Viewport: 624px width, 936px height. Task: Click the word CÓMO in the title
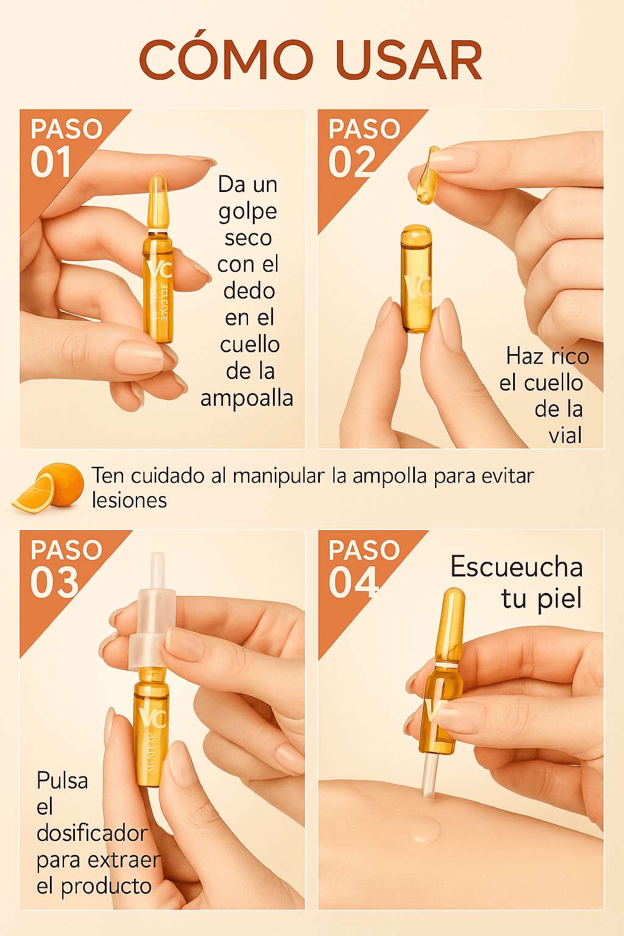click(225, 60)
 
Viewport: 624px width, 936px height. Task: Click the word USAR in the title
click(408, 60)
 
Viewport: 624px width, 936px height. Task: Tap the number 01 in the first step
click(51, 163)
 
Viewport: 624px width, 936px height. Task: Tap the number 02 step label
click(352, 163)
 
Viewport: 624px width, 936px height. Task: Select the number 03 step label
click(54, 583)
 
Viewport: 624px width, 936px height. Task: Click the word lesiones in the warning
click(129, 500)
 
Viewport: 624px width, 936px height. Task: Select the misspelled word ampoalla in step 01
click(247, 398)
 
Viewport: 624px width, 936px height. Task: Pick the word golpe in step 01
click(247, 211)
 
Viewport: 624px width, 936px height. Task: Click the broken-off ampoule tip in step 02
click(428, 175)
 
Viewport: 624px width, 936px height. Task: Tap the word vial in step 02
click(565, 435)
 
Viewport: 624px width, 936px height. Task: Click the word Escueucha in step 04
click(516, 567)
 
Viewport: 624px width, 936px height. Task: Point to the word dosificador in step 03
click(92, 833)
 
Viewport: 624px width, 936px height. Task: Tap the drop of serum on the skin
click(425, 831)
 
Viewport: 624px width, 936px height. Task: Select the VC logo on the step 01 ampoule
click(158, 269)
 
